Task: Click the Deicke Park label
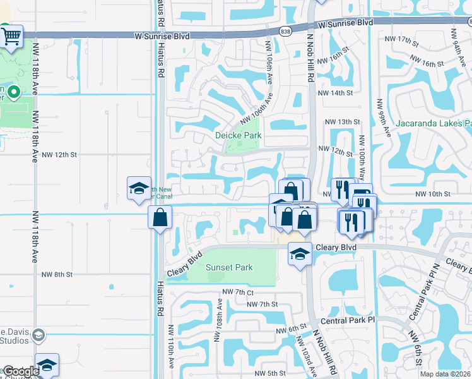(238, 135)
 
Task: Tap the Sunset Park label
(230, 267)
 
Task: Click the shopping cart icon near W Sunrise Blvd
(11, 37)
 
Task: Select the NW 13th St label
(341, 121)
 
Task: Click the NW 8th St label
(57, 275)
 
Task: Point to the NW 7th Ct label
(237, 292)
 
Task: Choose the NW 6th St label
(290, 330)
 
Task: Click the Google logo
(21, 371)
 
